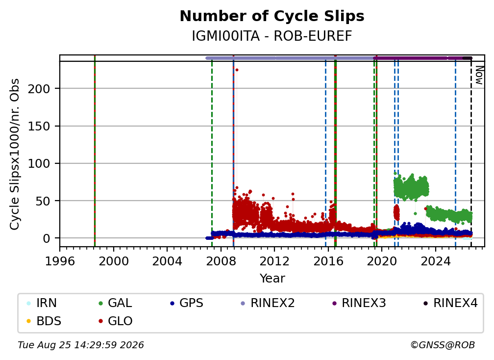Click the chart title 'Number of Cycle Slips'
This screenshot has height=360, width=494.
click(272, 16)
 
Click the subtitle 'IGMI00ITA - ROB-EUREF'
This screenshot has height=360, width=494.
click(272, 36)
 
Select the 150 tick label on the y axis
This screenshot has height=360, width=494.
click(39, 127)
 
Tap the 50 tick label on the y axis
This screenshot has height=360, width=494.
click(43, 201)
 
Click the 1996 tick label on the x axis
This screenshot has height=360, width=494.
click(60, 261)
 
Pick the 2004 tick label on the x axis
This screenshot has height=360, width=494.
click(167, 261)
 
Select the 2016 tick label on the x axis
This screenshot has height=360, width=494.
click(328, 261)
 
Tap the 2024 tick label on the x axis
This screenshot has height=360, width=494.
click(435, 261)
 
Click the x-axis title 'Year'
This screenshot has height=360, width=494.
click(272, 279)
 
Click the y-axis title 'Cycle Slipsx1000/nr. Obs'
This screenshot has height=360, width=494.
click(15, 154)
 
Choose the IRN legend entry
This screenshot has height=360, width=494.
click(42, 303)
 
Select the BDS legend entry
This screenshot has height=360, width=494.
click(44, 321)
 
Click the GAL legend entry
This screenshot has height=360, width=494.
click(115, 303)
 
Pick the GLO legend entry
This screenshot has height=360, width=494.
click(115, 321)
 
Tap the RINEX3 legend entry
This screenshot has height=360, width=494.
click(359, 303)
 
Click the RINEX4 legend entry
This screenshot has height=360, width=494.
click(450, 303)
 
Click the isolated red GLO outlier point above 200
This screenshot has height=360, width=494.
click(237, 70)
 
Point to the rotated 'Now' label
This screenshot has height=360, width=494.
click(479, 75)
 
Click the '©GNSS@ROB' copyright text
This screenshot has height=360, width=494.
click(443, 345)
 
